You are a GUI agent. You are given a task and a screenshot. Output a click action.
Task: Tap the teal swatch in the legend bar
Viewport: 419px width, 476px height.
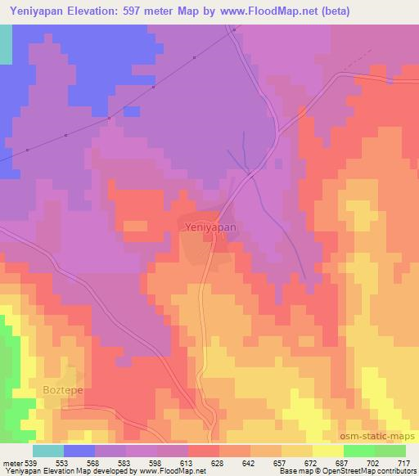coord(48,450)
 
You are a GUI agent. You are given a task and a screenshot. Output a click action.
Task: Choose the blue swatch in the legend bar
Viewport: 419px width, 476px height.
coord(79,450)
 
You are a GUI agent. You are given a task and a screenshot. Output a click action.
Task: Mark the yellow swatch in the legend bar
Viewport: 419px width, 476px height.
coord(327,450)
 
